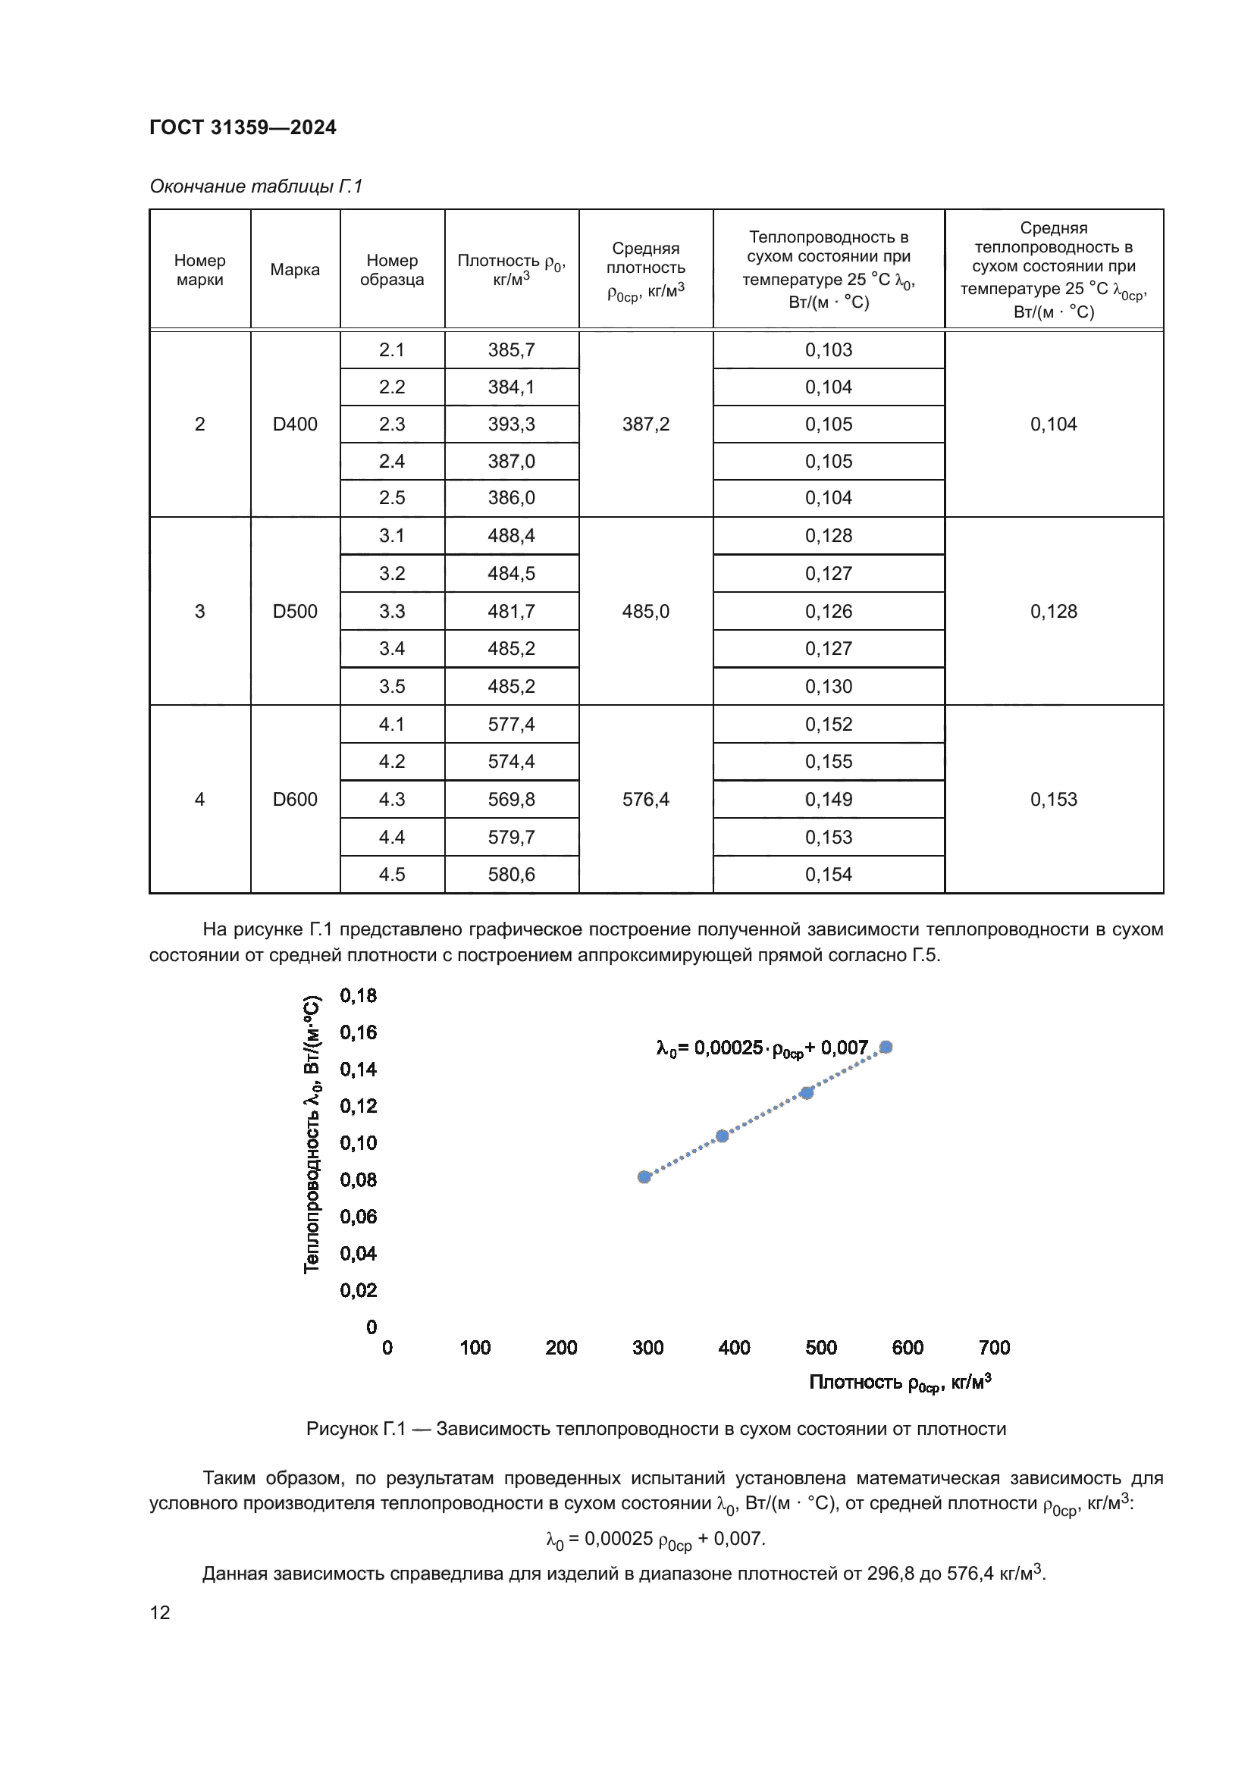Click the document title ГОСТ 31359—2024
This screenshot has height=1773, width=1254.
243,127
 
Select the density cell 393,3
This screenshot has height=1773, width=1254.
511,424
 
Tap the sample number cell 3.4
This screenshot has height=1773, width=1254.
391,649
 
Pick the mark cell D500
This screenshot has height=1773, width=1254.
295,612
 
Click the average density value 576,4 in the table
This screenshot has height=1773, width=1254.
645,799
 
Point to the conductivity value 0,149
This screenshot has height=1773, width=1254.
829,799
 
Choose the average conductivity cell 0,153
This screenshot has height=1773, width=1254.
1053,799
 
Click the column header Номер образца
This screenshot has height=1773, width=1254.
391,270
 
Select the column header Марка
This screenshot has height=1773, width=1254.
295,270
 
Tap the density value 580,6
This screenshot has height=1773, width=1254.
511,874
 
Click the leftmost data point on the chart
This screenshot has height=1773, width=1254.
644,1177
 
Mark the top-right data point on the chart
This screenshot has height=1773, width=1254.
886,1047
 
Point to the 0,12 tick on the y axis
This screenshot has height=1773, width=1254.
359,1106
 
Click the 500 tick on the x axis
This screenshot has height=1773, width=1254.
821,1348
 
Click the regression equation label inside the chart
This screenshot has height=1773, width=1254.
762,1048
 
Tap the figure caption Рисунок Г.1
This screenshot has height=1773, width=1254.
656,1429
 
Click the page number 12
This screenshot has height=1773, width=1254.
160,1612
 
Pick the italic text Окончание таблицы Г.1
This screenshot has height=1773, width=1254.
256,186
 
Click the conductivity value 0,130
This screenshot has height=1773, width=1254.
829,687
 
